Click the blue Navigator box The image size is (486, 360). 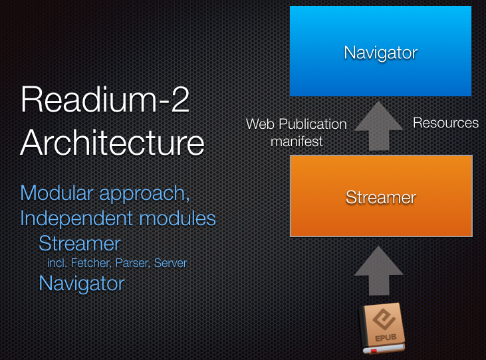point(380,51)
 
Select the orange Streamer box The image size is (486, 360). point(381,196)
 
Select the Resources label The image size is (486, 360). point(445,123)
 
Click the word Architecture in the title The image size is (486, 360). point(112,142)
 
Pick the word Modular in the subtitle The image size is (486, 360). point(57,193)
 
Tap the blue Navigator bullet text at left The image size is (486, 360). point(81,284)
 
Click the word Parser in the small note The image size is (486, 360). point(132,263)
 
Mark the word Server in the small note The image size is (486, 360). point(170,263)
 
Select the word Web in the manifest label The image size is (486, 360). point(259,124)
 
